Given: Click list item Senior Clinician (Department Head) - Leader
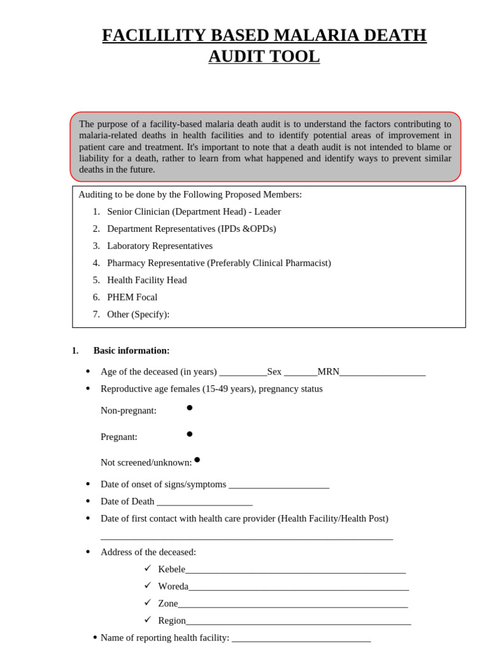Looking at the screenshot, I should [x=194, y=211].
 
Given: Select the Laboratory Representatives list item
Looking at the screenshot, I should [x=160, y=246].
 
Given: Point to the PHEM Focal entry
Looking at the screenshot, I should [x=132, y=297].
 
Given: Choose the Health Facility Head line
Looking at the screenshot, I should [x=146, y=280].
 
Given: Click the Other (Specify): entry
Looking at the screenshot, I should [x=138, y=315].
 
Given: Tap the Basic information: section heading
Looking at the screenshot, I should [x=131, y=351].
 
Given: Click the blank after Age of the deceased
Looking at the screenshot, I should [x=243, y=372].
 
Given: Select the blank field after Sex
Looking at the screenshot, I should [x=300, y=372].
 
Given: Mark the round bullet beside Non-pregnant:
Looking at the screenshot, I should [x=189, y=407].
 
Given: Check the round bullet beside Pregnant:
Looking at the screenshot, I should [x=189, y=434].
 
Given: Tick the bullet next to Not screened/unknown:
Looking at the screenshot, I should [x=197, y=459].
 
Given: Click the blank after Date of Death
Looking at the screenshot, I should [x=204, y=502].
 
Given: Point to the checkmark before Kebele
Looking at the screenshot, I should [x=148, y=568].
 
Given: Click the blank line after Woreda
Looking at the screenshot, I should [x=298, y=587].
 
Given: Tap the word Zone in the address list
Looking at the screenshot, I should [x=168, y=604].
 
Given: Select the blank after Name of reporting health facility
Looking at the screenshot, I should [x=301, y=639].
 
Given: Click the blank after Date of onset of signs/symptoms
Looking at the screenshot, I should [x=278, y=485].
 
